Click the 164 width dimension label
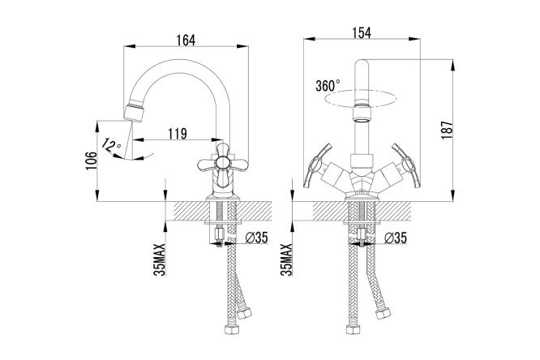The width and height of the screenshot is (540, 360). [186, 41]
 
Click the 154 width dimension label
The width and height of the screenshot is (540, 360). [362, 32]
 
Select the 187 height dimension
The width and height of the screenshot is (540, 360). [447, 130]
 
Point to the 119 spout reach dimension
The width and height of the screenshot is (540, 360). [178, 133]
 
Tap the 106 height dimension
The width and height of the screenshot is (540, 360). [92, 161]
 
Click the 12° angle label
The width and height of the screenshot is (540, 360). [111, 145]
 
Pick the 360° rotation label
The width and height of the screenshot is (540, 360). [328, 85]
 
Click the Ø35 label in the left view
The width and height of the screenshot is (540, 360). [256, 238]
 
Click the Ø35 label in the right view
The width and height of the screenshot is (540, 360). [396, 238]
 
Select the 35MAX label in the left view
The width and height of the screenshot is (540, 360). [161, 259]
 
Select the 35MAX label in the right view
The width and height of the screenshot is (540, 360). [286, 259]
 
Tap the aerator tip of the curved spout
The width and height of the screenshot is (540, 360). [133, 113]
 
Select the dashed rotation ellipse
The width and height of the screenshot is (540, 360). [360, 97]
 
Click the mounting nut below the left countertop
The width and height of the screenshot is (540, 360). [219, 234]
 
